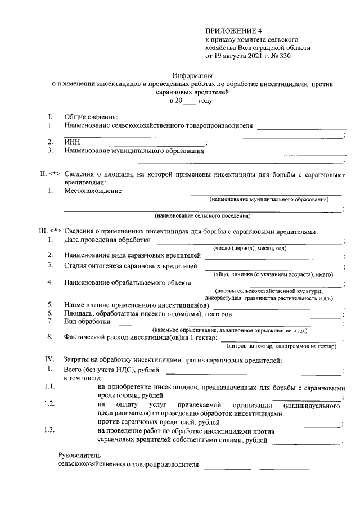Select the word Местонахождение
92,191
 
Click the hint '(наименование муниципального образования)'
268,200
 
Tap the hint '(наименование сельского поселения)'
202,215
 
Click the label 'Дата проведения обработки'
107,241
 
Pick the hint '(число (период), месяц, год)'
249,249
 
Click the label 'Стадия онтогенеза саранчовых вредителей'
130,265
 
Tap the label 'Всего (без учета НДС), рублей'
111,370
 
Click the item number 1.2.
49,404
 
